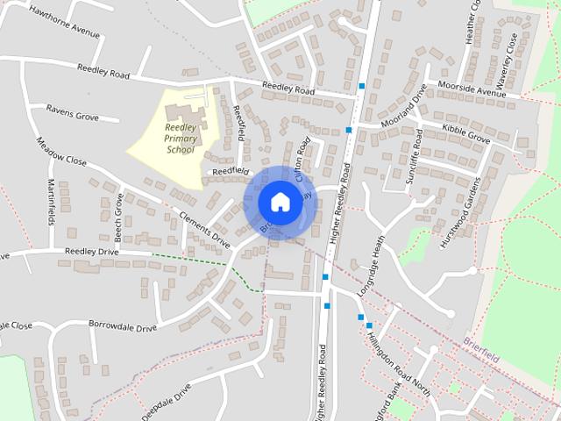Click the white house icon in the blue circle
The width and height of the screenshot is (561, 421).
[280, 202]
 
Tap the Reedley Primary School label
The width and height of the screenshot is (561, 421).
[181, 138]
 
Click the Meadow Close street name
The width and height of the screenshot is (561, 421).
[61, 151]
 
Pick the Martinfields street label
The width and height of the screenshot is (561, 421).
[51, 202]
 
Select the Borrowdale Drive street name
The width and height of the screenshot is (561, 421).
[123, 325]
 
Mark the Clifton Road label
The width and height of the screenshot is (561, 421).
[302, 159]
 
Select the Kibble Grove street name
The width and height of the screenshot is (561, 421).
[465, 133]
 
